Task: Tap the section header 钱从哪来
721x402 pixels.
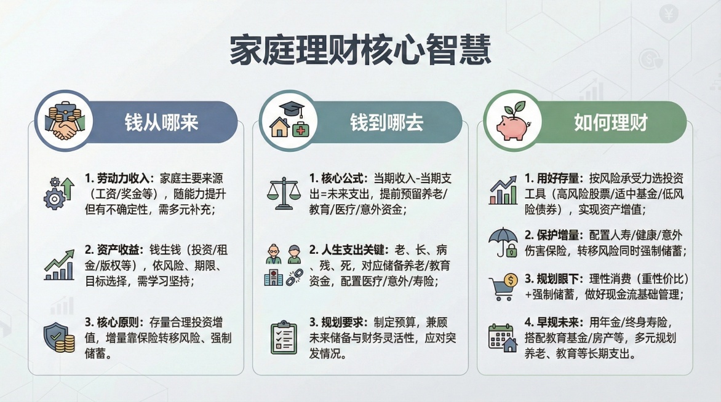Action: coord(161,122)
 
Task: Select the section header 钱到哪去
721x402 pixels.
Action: coord(386,122)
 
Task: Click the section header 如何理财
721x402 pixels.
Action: coord(610,122)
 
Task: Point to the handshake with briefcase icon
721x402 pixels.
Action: coord(64,122)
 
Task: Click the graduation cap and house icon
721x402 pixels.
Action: coord(289,121)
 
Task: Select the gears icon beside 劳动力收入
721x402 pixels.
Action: coord(59,192)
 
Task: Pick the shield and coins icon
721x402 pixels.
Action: coord(59,337)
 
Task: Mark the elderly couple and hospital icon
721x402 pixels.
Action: coord(283,265)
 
